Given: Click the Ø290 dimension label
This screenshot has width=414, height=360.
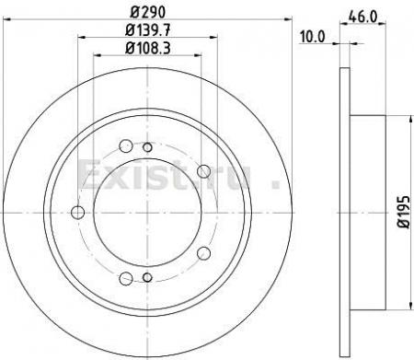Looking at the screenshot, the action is click(x=148, y=12).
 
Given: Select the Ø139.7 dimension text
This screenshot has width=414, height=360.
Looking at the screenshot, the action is click(x=148, y=30).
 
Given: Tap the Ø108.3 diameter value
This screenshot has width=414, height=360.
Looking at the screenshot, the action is click(x=148, y=48).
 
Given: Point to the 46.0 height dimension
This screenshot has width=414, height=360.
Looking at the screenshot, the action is click(x=362, y=17).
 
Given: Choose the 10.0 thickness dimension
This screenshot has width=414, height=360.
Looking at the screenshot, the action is click(x=313, y=37).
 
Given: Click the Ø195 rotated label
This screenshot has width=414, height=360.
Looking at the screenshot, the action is click(x=404, y=212).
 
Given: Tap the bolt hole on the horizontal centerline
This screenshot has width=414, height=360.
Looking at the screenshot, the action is click(x=77, y=213).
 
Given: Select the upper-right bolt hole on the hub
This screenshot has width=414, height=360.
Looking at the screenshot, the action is click(x=203, y=171).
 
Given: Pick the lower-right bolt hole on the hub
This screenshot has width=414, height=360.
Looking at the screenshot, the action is click(x=203, y=253).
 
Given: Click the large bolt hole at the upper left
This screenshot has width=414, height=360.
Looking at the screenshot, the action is click(x=126, y=146).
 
